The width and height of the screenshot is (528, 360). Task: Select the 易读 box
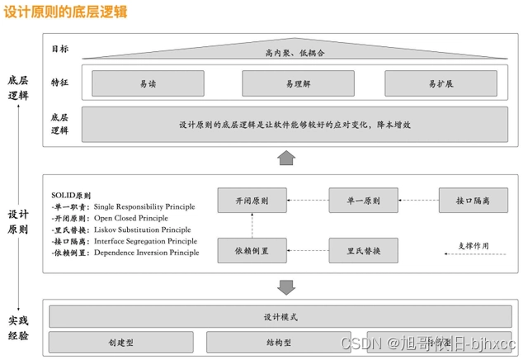148,83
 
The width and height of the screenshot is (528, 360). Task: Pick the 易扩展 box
441,83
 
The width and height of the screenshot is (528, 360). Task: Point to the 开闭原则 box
252,201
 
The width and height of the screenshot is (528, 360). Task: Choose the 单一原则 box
363,201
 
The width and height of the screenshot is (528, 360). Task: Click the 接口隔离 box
473,201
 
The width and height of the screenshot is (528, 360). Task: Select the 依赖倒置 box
252,249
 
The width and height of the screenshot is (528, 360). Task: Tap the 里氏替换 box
363,249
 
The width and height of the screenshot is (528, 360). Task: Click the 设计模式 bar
280,317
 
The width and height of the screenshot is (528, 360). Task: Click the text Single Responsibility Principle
144,206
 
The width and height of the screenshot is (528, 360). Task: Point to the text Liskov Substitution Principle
143,230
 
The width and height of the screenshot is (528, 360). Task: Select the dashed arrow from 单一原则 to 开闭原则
308,201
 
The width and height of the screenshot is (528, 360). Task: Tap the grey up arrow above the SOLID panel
286,157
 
